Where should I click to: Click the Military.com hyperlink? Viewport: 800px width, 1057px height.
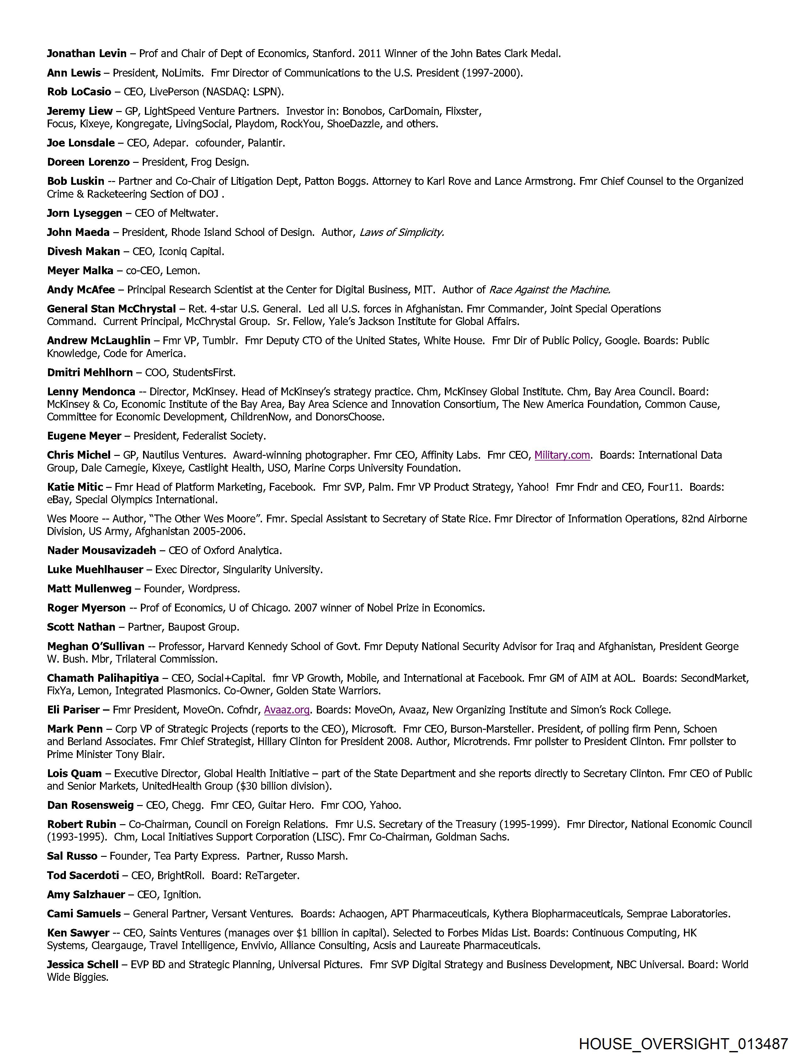click(562, 455)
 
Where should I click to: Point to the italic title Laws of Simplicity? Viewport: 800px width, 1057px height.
click(402, 232)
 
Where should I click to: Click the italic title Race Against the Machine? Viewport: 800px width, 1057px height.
click(549, 290)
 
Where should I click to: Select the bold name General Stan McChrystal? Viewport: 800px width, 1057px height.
click(111, 309)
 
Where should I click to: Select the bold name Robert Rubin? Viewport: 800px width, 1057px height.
click(81, 824)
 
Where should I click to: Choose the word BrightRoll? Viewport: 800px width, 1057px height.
click(181, 875)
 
